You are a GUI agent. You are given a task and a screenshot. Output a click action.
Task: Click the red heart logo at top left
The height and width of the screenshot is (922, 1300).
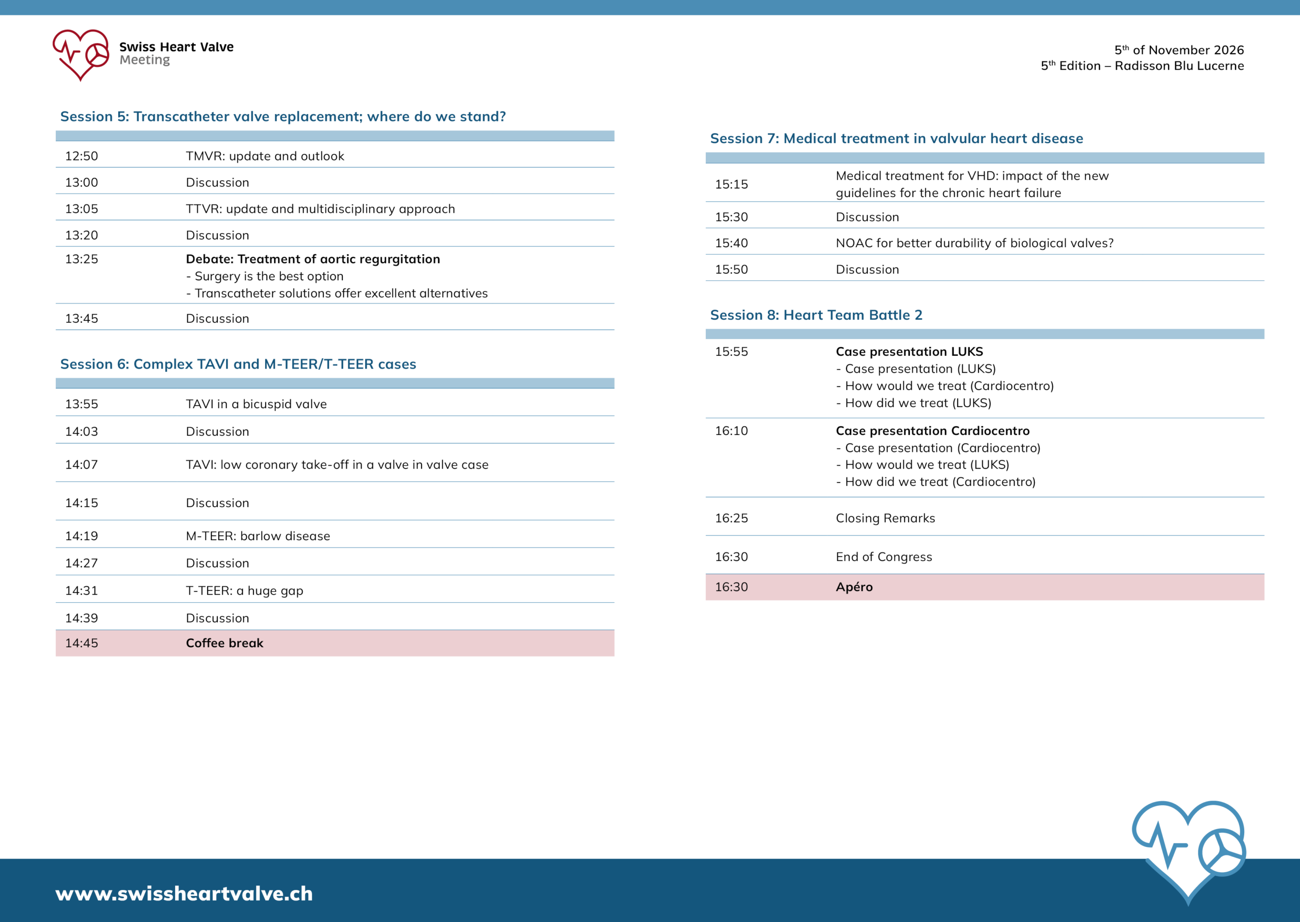pyautogui.click(x=81, y=54)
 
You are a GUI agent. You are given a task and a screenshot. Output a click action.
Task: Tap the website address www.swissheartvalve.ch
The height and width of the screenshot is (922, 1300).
pyautogui.click(x=184, y=893)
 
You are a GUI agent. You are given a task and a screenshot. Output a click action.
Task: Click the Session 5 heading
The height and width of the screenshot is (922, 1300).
pyautogui.click(x=283, y=116)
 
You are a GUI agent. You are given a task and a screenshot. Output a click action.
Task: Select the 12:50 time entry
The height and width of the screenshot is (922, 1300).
pyautogui.click(x=81, y=156)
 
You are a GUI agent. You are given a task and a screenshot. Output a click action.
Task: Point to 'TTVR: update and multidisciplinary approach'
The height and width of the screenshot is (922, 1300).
pyautogui.click(x=320, y=209)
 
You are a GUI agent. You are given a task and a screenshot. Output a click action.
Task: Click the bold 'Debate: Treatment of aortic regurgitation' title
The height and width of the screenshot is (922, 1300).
pyautogui.click(x=313, y=259)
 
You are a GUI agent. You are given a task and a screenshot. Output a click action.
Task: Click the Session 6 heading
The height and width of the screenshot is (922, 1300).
pyautogui.click(x=238, y=364)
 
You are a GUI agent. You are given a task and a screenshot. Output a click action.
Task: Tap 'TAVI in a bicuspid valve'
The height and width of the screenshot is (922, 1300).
pyautogui.click(x=256, y=404)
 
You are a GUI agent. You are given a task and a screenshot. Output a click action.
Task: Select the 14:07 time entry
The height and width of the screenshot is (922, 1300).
pyautogui.click(x=81, y=465)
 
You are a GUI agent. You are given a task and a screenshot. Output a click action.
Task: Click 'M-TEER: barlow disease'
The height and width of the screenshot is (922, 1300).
pyautogui.click(x=258, y=536)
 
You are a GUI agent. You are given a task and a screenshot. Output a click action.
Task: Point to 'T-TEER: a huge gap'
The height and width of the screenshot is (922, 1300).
pyautogui.click(x=244, y=590)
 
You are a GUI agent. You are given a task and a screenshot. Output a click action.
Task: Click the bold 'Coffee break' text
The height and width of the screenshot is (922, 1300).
pyautogui.click(x=224, y=643)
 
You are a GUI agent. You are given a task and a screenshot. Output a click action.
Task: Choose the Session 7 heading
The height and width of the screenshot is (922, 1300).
pyautogui.click(x=896, y=139)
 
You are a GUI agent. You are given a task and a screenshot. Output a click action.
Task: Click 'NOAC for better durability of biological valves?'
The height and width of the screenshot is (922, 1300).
pyautogui.click(x=974, y=243)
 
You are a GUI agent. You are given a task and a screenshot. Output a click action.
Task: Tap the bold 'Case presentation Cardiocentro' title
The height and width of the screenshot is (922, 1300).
pyautogui.click(x=932, y=431)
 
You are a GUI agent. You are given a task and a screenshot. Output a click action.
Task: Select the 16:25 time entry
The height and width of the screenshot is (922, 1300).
pyautogui.click(x=731, y=518)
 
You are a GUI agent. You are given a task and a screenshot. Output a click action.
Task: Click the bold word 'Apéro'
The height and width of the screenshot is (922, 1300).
pyautogui.click(x=854, y=586)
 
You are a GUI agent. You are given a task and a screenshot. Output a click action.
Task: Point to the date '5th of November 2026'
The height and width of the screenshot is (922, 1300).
pyautogui.click(x=1179, y=50)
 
